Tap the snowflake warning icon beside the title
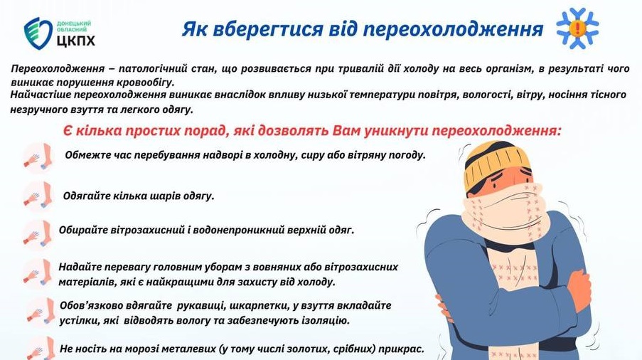coord(577,28)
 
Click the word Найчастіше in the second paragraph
coord(41,95)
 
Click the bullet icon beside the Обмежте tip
coord(36,157)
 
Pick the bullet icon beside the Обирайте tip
coord(36,233)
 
